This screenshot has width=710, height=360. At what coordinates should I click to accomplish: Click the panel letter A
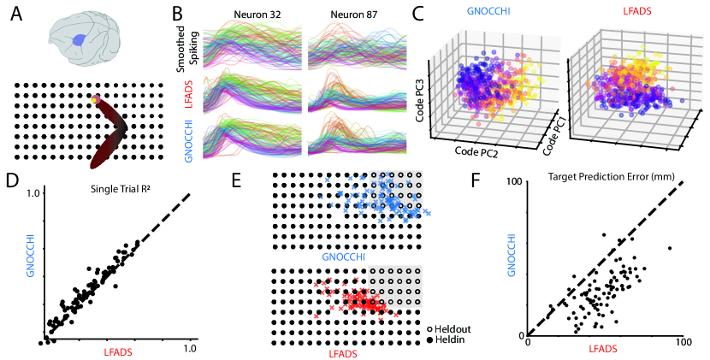[17, 15]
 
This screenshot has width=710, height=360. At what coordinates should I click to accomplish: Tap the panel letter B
[176, 15]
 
